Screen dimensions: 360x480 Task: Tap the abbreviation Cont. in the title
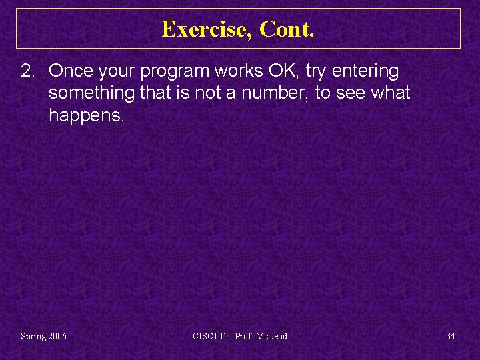click(287, 29)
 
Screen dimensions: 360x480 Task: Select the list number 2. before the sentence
click(30, 71)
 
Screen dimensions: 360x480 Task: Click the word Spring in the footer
click(33, 337)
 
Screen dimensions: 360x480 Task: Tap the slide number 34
click(451, 336)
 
